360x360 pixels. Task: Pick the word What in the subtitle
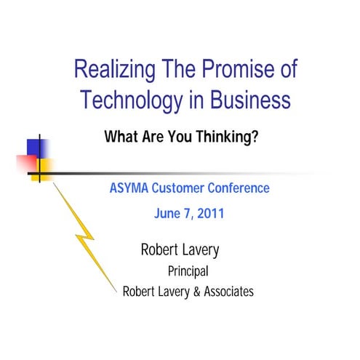tap(121, 135)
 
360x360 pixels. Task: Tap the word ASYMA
tap(129, 188)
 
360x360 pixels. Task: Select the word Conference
tap(240, 188)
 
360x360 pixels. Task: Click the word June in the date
tap(168, 215)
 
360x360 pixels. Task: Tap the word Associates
tap(225, 292)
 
